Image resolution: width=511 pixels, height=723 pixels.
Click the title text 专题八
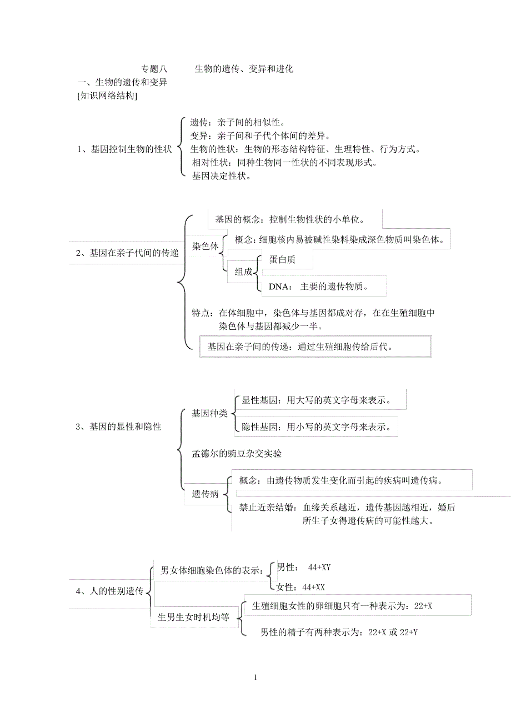tap(154, 69)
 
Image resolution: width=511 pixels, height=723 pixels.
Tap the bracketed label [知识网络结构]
tap(107, 96)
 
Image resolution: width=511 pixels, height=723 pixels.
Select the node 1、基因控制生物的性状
tap(124, 149)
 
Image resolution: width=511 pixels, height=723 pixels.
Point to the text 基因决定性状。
tap(221, 176)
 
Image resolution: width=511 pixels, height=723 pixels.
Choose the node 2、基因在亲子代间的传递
tap(127, 253)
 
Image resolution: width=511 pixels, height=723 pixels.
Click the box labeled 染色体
tap(206, 247)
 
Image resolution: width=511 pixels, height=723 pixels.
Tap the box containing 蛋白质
tap(282, 259)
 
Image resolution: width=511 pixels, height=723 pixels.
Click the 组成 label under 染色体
tap(243, 272)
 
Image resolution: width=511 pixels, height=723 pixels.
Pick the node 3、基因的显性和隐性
tap(118, 426)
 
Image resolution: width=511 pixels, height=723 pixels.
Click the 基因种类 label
tap(209, 413)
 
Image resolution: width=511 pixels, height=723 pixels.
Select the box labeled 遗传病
tap(206, 494)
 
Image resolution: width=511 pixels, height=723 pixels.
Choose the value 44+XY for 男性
tap(319, 567)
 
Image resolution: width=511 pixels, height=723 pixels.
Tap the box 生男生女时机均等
tap(194, 617)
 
